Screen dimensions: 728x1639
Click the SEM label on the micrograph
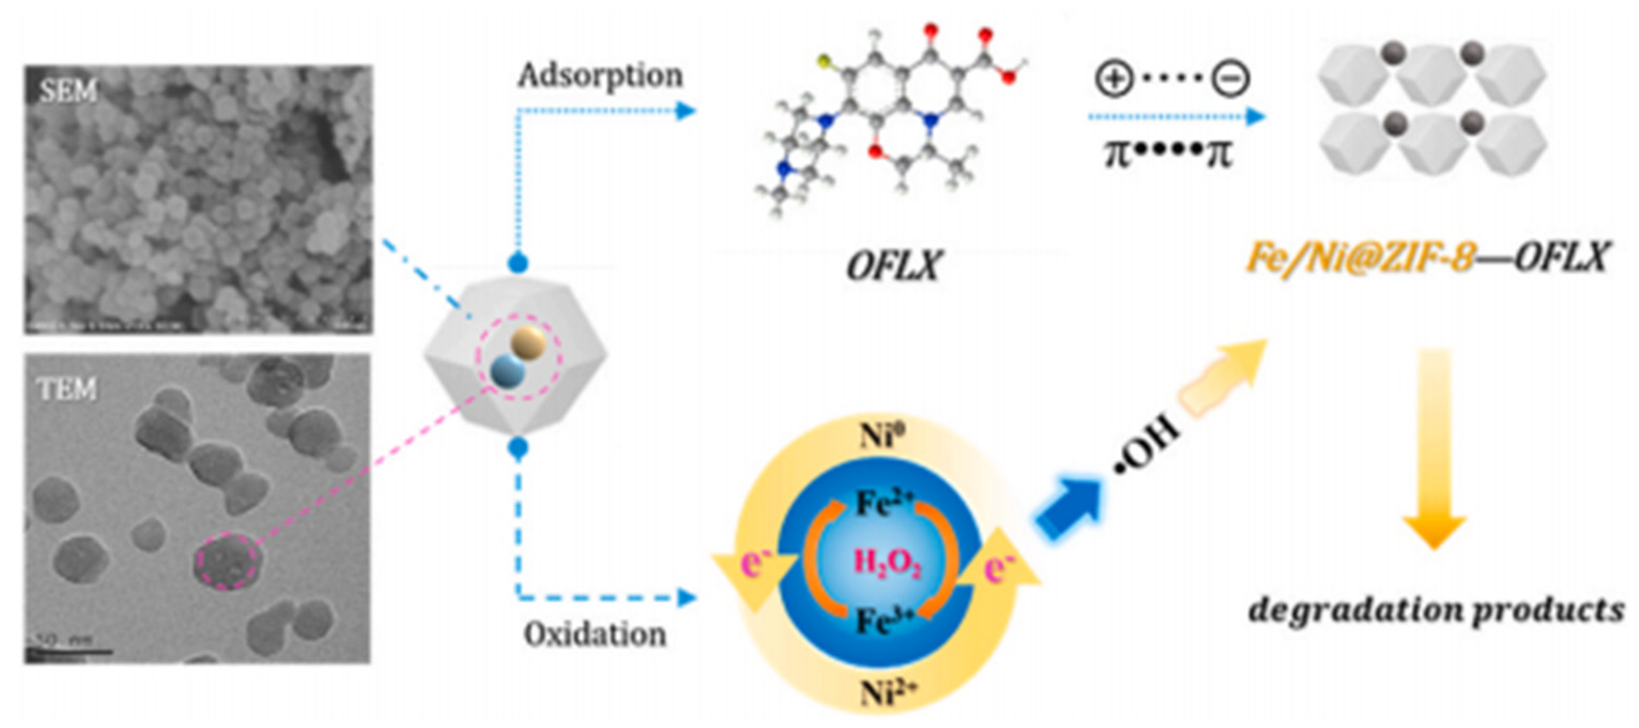(x=68, y=91)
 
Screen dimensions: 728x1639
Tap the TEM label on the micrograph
(x=67, y=388)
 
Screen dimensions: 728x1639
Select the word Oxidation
(x=595, y=634)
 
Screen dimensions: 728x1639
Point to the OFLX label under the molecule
(x=894, y=265)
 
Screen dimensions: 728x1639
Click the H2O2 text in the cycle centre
(x=888, y=563)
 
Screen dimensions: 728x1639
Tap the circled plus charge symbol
(x=1113, y=79)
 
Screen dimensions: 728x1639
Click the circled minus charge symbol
(x=1231, y=79)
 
